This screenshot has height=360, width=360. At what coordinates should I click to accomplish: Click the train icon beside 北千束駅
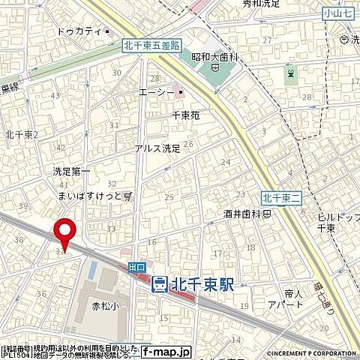click(159, 284)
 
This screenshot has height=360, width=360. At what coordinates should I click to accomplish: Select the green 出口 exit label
click(136, 266)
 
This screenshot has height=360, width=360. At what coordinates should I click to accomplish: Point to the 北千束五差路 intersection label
click(151, 46)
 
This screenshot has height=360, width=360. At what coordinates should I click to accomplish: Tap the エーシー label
click(156, 93)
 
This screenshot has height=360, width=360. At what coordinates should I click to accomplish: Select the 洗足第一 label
click(72, 172)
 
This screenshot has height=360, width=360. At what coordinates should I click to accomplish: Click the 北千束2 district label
click(21, 134)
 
